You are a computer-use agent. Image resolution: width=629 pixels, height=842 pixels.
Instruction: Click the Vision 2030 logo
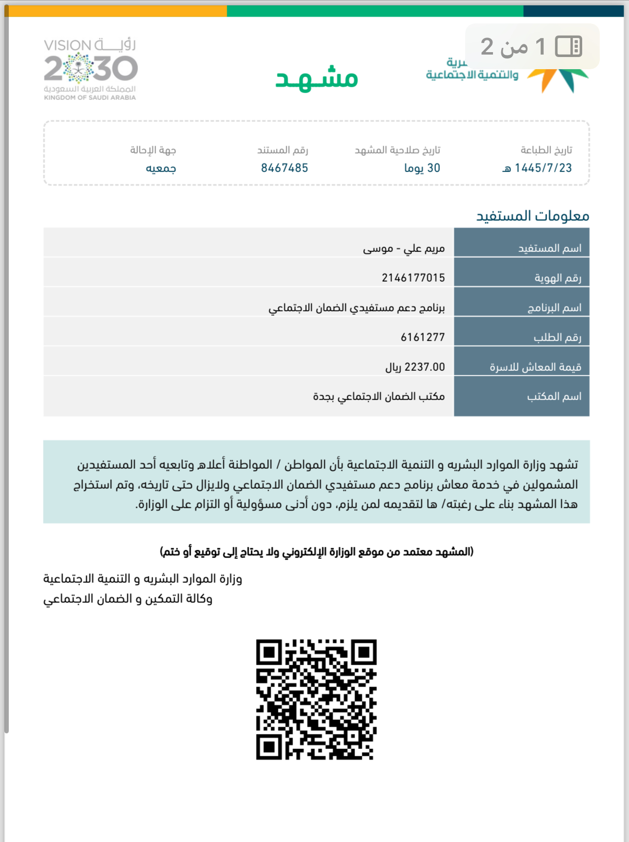click(x=91, y=69)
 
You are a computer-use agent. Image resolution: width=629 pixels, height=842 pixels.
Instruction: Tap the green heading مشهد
click(x=316, y=78)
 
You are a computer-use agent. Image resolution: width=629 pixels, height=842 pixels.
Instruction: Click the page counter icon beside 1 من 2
click(x=569, y=47)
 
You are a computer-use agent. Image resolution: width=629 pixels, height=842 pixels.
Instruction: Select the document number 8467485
click(x=284, y=168)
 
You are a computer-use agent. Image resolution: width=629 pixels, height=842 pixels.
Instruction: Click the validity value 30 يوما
click(x=422, y=168)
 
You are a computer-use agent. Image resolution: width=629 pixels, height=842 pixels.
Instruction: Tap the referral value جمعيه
click(x=161, y=168)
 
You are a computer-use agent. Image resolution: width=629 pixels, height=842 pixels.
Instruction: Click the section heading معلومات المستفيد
click(x=532, y=215)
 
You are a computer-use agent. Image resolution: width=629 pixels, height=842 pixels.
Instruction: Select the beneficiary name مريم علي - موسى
click(x=404, y=249)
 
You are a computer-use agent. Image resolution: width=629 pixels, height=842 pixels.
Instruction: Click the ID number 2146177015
click(x=413, y=278)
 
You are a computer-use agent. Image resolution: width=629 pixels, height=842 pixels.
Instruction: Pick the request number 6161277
click(x=423, y=337)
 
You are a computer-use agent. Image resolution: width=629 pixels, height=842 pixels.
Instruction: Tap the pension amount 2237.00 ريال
click(x=415, y=367)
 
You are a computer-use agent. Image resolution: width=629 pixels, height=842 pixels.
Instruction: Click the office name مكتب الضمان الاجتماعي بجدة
click(x=379, y=397)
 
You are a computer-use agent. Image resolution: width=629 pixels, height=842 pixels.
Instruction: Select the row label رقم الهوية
click(x=558, y=278)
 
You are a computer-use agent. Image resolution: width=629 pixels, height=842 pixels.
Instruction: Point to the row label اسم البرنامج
click(x=554, y=308)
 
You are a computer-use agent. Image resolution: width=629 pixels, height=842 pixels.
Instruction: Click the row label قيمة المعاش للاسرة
click(x=535, y=367)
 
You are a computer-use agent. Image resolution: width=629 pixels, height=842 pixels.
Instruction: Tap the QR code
click(x=316, y=699)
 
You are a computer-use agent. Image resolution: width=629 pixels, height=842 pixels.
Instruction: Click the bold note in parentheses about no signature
click(x=316, y=552)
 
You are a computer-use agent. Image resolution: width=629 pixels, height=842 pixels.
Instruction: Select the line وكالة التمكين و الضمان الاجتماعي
click(x=128, y=599)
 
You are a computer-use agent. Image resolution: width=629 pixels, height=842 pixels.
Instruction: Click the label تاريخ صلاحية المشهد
click(x=397, y=150)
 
